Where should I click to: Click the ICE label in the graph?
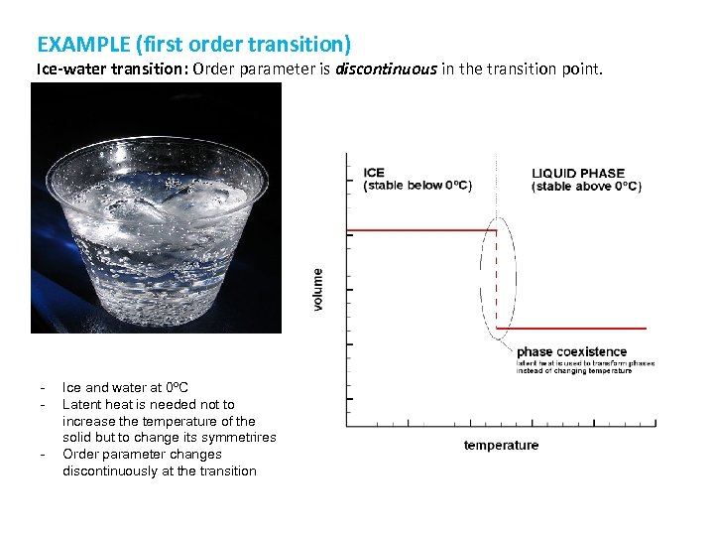375,173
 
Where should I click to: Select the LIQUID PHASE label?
578,173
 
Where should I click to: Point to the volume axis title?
318,289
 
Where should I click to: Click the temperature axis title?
501,446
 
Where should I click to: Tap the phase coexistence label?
571,351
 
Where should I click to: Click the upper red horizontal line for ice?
421,230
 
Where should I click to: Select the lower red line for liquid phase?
570,329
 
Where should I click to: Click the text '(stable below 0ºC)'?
417,186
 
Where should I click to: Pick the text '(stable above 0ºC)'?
586,186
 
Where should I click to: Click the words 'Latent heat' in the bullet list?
95,405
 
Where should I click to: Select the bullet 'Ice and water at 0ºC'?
125,388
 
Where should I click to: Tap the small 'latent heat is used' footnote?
585,366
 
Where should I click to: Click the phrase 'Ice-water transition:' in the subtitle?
97,69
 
